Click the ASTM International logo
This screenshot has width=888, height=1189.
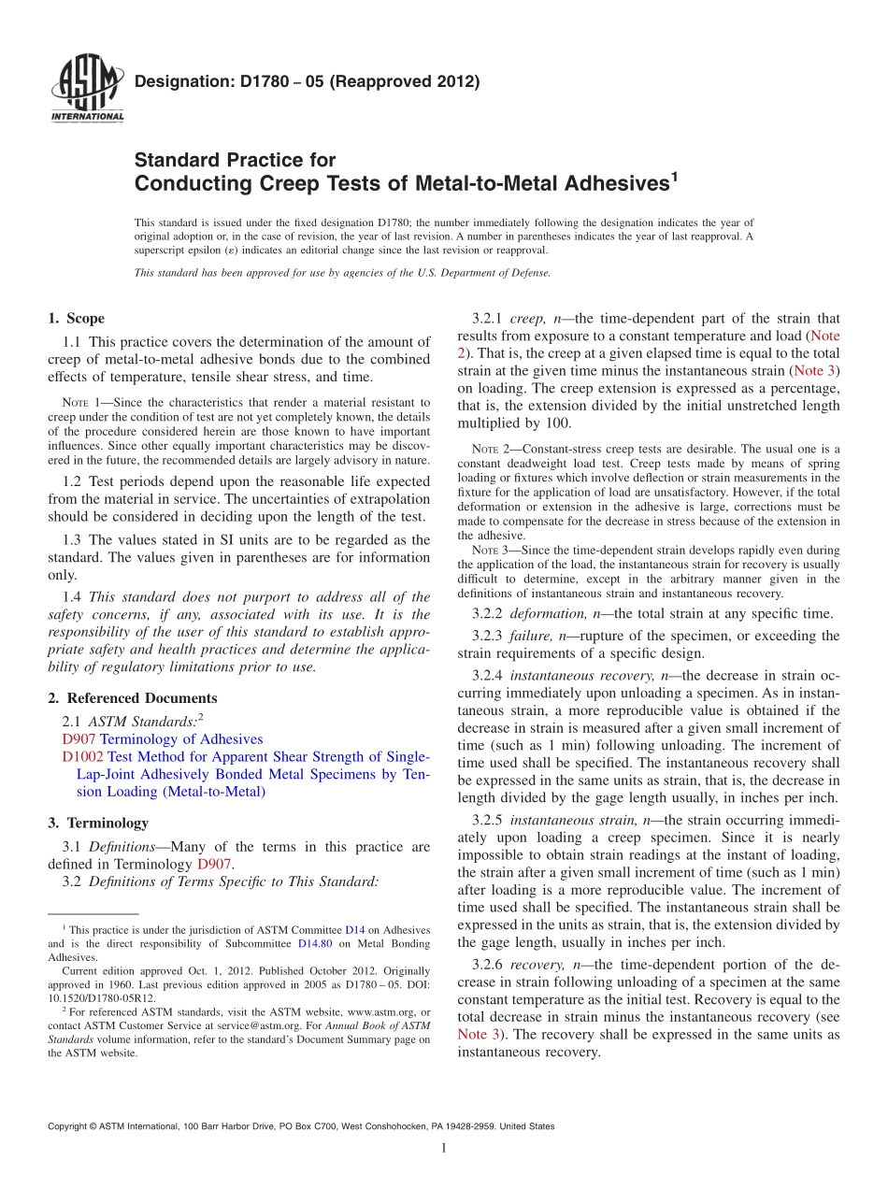click(x=86, y=90)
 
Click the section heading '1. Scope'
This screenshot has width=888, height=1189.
click(x=76, y=318)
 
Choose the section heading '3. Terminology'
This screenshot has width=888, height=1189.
click(x=97, y=823)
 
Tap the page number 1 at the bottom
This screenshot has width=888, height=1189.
click(x=443, y=1147)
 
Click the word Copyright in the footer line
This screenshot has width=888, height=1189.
click(x=69, y=1126)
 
